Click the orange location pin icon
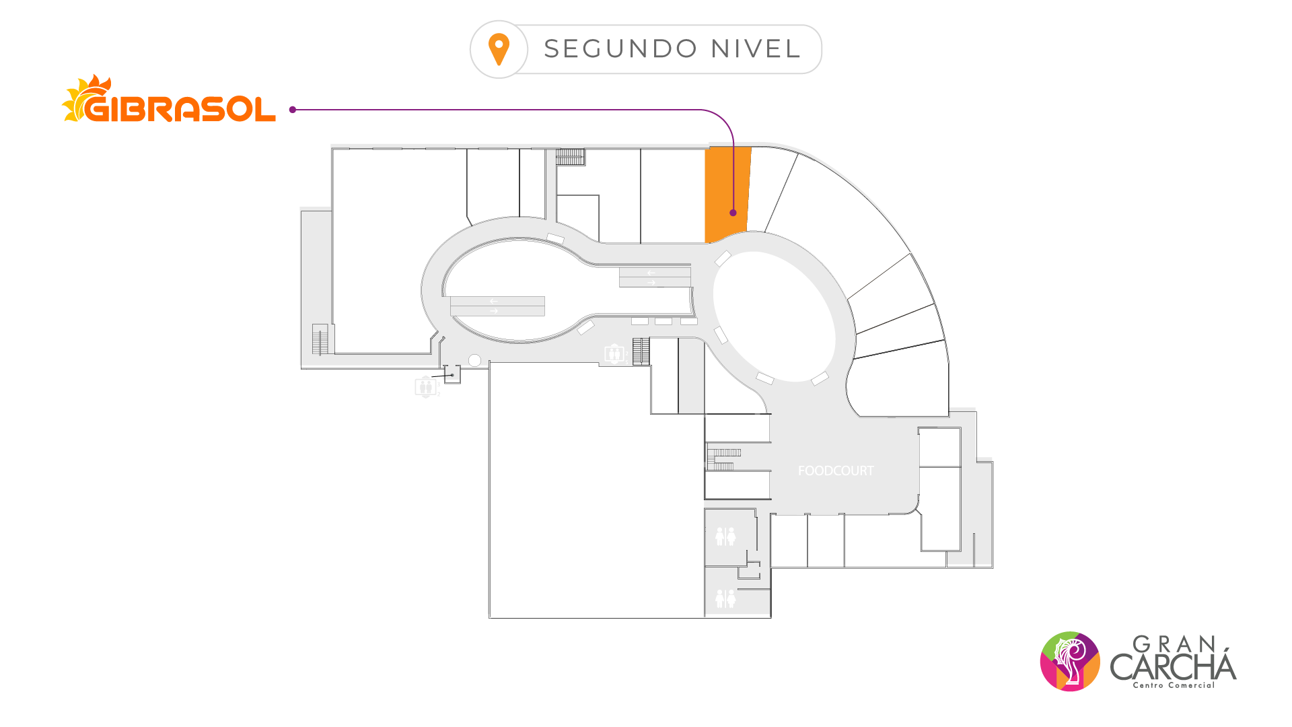499,49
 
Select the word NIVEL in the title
756,49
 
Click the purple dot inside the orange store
733,213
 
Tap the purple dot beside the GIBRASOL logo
293,110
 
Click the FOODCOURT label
836,471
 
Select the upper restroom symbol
725,536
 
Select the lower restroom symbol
725,598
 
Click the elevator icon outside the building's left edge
426,387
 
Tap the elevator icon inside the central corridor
614,353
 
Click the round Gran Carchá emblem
1070,661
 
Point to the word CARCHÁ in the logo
1173,666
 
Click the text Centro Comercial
1174,685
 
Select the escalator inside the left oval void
497,306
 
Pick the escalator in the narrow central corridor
655,277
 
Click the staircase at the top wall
570,157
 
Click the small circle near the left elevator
474,361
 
